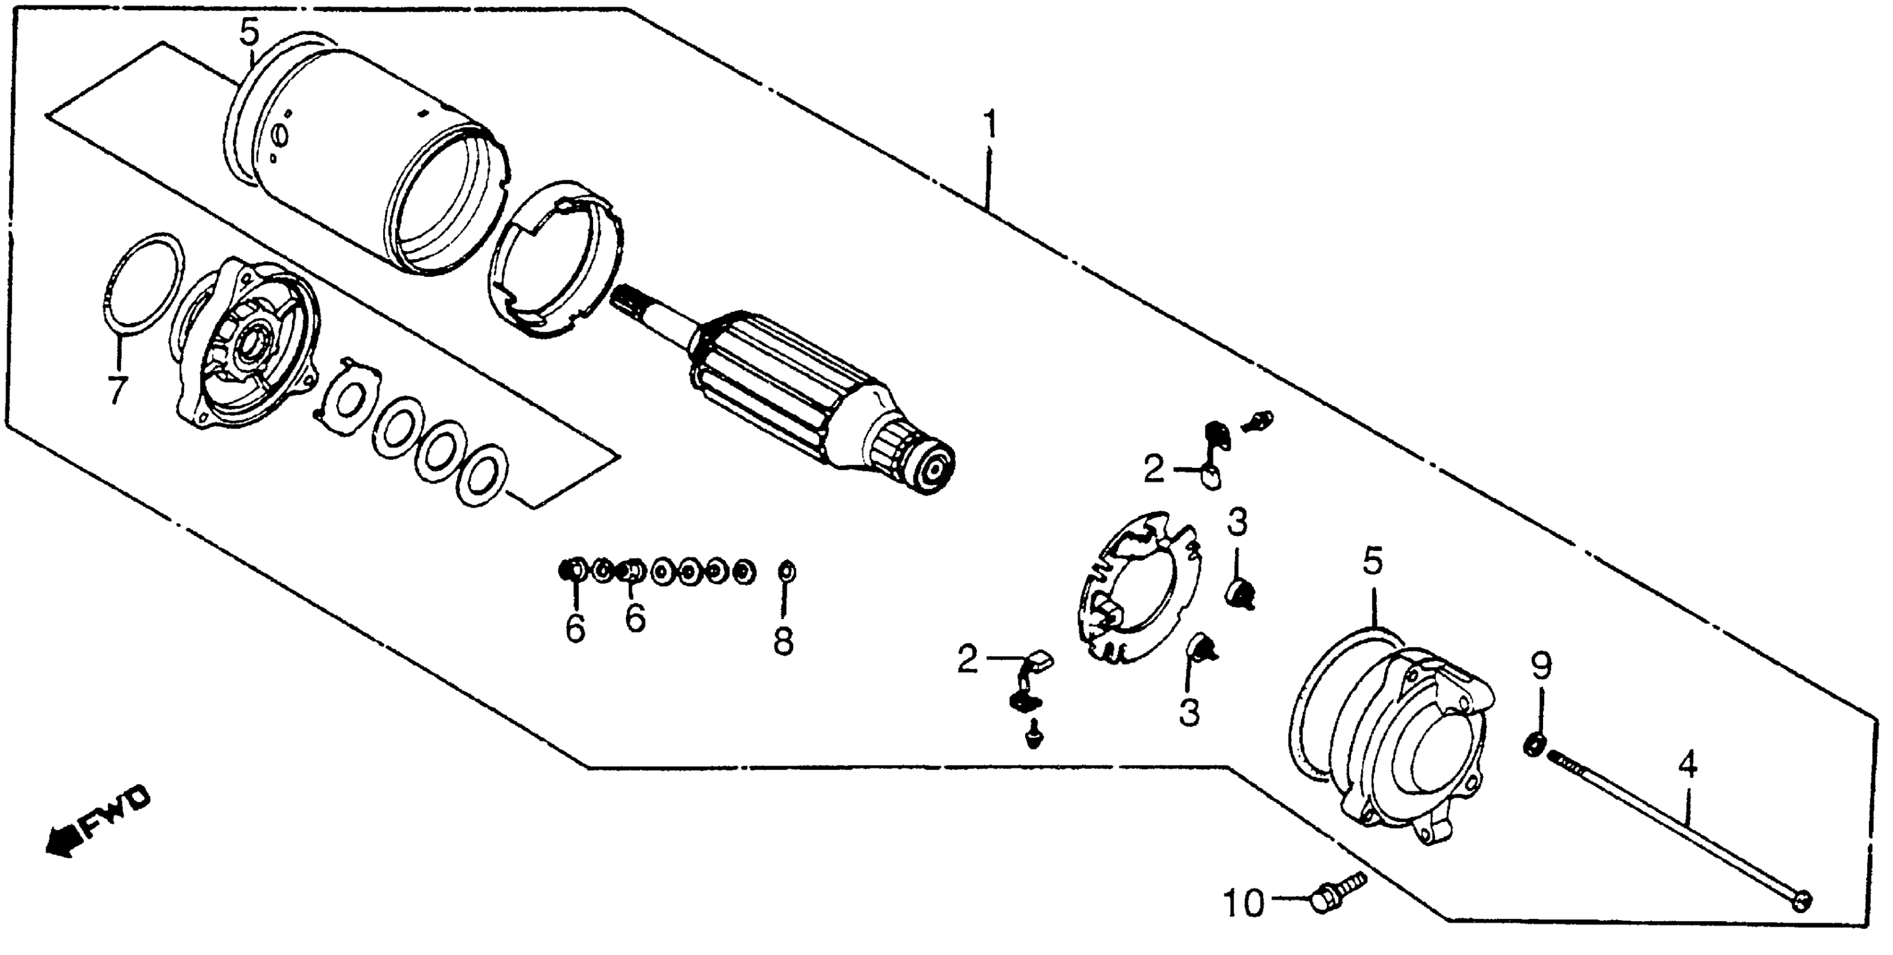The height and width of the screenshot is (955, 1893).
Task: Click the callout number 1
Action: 990,126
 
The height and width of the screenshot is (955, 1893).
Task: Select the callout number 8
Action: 784,641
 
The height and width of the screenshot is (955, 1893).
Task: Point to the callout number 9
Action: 1541,667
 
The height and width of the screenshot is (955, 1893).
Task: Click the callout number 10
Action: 1244,903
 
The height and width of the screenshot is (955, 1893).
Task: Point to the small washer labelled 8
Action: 785,571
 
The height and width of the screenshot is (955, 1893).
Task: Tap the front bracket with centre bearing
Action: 246,345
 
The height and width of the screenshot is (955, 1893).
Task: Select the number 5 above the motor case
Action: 250,33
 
